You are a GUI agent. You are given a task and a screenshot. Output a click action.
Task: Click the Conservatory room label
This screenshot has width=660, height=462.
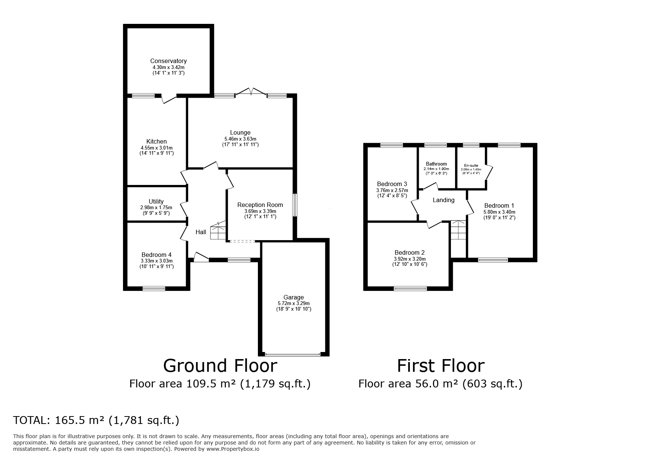click(x=168, y=61)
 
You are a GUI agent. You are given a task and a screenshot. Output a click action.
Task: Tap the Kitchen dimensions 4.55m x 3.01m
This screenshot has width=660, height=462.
click(x=156, y=148)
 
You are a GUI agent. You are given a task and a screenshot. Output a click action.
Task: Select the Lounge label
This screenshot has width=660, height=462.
click(x=240, y=132)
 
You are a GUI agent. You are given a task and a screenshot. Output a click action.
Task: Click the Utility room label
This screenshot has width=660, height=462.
click(x=156, y=201)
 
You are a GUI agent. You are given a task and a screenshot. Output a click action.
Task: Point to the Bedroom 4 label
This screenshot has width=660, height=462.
click(x=156, y=255)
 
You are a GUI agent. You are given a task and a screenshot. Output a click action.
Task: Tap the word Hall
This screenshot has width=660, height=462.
click(x=201, y=232)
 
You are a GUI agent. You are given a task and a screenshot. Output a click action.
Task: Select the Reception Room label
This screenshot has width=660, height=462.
click(x=260, y=205)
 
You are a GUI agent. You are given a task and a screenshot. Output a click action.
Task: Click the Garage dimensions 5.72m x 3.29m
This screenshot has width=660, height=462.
click(x=293, y=304)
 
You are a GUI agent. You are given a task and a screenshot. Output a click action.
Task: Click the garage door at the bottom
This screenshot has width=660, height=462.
click(x=292, y=354)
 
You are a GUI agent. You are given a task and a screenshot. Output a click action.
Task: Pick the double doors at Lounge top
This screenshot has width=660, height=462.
click(x=251, y=92)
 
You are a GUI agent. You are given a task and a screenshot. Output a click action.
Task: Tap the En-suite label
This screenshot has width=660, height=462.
click(x=471, y=166)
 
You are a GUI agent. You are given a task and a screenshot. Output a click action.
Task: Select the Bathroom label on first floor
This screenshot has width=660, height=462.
click(x=436, y=164)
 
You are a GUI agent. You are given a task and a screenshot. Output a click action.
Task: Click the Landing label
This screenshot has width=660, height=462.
click(x=443, y=200)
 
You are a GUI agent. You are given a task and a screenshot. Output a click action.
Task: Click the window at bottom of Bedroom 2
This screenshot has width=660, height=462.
click(x=410, y=288)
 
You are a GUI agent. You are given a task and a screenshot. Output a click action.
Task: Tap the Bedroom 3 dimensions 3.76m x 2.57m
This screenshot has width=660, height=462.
click(x=392, y=190)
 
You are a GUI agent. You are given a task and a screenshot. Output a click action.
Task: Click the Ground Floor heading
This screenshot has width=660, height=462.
click(x=220, y=366)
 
